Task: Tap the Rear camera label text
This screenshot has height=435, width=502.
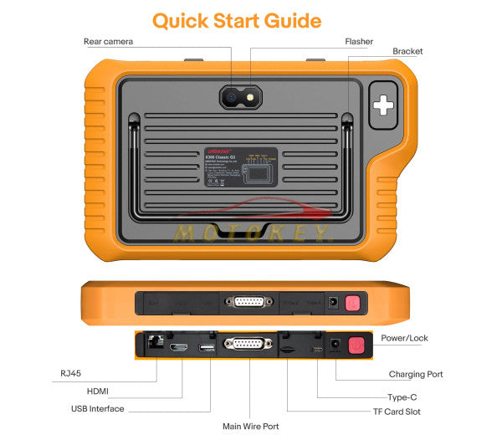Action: [x=108, y=42]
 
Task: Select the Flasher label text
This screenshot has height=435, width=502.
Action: [x=359, y=42]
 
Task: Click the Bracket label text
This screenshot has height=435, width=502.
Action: [x=407, y=52]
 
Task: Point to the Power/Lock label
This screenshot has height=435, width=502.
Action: [x=405, y=338]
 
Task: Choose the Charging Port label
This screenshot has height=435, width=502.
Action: [x=416, y=375]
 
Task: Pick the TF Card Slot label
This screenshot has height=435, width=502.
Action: [x=397, y=411]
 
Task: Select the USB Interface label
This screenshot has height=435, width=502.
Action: [x=97, y=409]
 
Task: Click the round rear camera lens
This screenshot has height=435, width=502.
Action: [x=230, y=97]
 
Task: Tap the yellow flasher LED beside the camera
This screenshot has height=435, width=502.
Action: [x=249, y=97]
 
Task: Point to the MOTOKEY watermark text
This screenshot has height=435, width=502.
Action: [x=251, y=231]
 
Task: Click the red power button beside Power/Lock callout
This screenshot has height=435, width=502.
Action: [x=357, y=345]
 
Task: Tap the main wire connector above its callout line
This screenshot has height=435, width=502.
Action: [x=248, y=344]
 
